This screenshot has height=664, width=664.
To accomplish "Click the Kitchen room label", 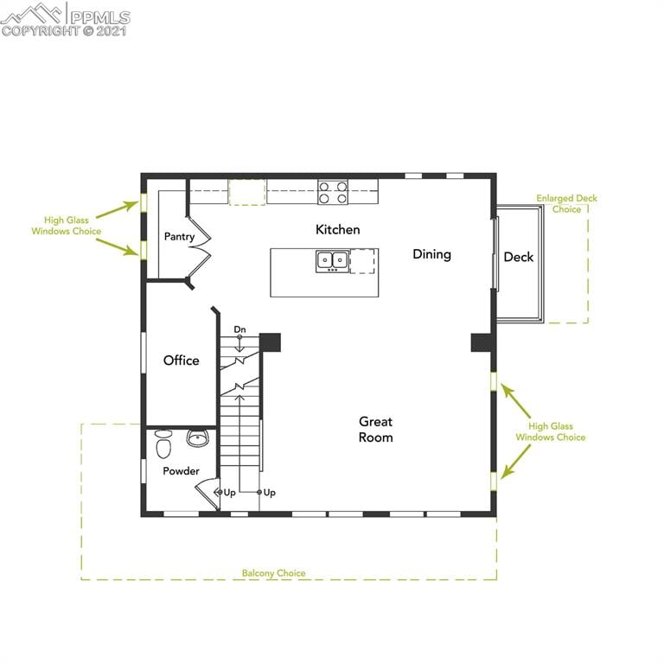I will [x=337, y=230].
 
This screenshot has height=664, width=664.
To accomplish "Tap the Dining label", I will [x=431, y=254].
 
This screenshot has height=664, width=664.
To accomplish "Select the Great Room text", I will [x=376, y=430].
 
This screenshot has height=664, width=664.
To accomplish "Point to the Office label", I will [x=181, y=361].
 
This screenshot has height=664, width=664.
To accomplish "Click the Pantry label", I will [x=179, y=237].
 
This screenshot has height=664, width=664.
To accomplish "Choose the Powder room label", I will [x=181, y=471].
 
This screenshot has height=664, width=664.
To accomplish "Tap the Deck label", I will [x=518, y=257].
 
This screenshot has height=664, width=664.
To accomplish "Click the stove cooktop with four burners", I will [x=332, y=191].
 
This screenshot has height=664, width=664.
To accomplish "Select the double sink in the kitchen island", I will [x=331, y=259].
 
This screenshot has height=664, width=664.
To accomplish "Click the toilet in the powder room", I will [x=163, y=446].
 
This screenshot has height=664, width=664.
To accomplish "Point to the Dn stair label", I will [x=239, y=329].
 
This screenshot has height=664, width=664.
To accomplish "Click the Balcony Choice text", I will [x=273, y=573].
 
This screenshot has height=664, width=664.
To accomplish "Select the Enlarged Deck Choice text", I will [x=566, y=204].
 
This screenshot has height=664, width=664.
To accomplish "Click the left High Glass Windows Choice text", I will [x=67, y=226].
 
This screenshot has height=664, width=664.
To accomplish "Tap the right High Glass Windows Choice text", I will [x=550, y=431].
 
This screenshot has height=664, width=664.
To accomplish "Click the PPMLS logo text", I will [x=99, y=16].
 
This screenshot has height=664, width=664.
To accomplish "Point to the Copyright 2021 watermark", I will [x=64, y=31].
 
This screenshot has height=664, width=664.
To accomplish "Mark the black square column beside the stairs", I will [x=271, y=342].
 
